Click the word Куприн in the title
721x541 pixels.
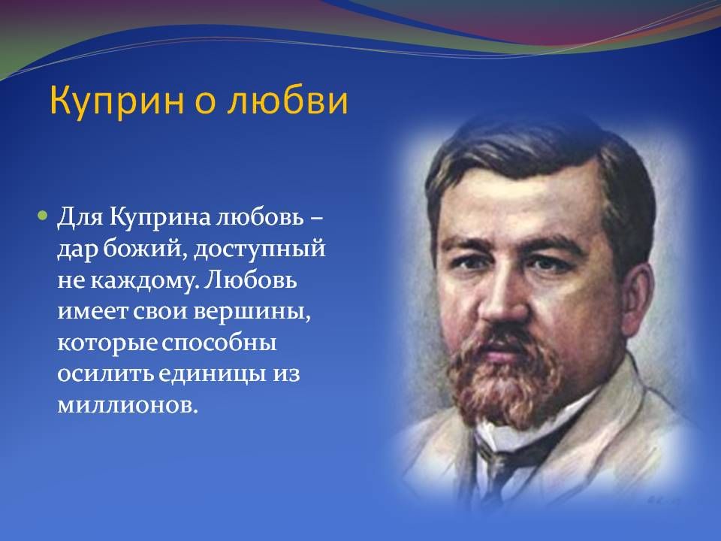(117, 101)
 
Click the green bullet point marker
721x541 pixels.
(43, 216)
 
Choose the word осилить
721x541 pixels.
(106, 374)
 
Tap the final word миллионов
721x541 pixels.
(128, 406)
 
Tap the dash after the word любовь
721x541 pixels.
(316, 220)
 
